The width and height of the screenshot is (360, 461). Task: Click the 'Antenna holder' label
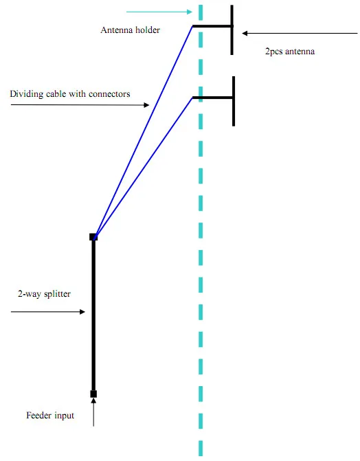[130, 30]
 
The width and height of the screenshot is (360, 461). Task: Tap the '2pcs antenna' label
[290, 52]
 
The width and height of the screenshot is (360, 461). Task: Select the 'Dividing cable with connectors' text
[70, 94]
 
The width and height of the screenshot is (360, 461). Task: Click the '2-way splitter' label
[44, 294]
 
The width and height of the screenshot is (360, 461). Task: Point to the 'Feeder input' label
[50, 415]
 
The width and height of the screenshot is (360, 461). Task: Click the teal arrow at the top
[159, 12]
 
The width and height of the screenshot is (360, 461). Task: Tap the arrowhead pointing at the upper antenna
[245, 34]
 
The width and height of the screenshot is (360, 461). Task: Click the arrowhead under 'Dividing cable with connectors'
[146, 105]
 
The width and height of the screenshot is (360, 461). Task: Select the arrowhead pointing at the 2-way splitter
[82, 312]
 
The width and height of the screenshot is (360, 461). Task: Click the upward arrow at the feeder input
[93, 412]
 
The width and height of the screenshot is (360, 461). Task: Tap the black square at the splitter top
[93, 237]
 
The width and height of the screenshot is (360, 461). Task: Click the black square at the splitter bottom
[93, 394]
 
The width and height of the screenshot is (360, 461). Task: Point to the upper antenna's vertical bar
[232, 30]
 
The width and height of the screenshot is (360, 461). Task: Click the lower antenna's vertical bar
[234, 102]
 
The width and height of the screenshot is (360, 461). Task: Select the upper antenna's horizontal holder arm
[212, 26]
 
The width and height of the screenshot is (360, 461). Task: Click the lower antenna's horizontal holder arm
[213, 98]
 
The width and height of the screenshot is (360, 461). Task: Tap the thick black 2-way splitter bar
[93, 315]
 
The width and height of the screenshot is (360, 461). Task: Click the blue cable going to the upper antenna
[143, 132]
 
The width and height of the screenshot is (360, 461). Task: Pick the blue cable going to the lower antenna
[143, 168]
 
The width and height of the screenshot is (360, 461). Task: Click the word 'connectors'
[109, 94]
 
